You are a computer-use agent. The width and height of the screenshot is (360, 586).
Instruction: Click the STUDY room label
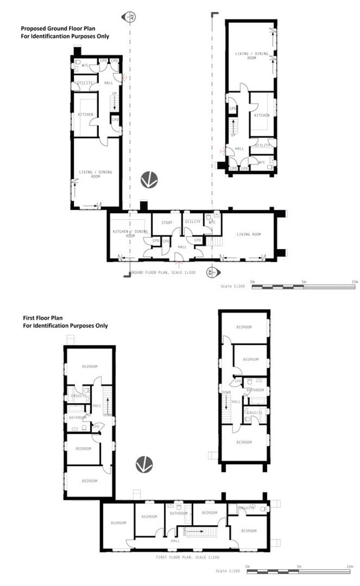click(x=167, y=222)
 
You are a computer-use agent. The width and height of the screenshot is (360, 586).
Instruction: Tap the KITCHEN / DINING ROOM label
click(x=130, y=234)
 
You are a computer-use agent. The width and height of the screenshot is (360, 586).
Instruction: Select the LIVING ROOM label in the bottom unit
click(x=249, y=234)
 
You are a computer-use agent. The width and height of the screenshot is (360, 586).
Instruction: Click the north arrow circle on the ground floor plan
click(x=149, y=180)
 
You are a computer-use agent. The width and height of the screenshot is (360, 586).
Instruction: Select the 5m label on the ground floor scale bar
click(x=303, y=282)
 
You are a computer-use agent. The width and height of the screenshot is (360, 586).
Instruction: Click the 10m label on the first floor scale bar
click(x=349, y=566)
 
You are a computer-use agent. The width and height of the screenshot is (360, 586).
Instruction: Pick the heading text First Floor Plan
click(x=43, y=318)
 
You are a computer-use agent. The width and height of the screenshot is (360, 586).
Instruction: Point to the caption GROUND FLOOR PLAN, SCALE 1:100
click(x=162, y=273)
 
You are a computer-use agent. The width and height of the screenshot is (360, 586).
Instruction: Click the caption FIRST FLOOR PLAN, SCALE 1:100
click(x=187, y=557)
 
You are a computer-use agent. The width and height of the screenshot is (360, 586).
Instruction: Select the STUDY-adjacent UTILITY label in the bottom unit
click(x=193, y=222)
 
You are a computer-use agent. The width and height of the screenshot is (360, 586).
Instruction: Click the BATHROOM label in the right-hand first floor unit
click(x=255, y=390)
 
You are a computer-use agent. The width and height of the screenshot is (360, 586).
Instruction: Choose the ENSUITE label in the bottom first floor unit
click(x=247, y=508)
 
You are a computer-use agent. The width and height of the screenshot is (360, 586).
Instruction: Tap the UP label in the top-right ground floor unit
click(x=233, y=135)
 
